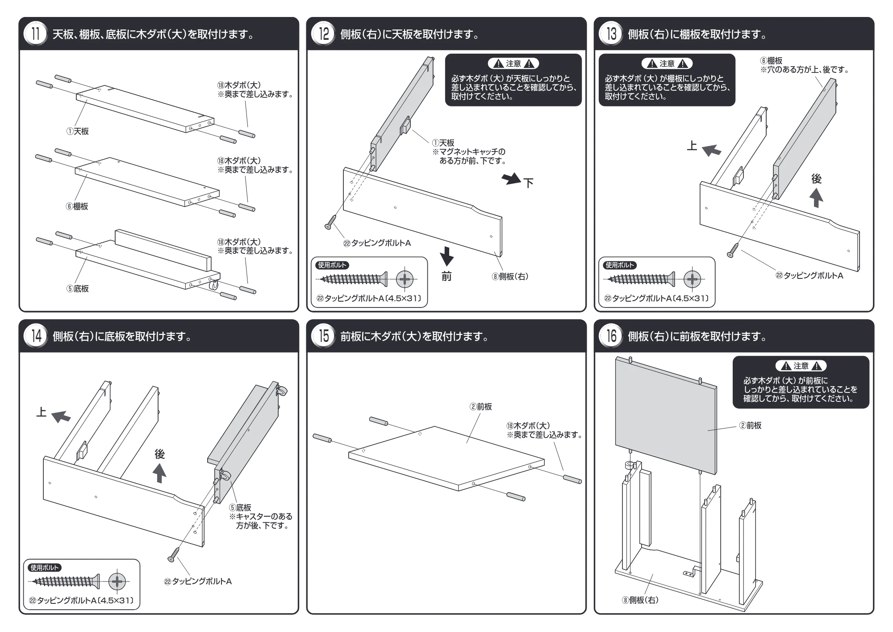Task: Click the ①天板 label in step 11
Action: click(78, 131)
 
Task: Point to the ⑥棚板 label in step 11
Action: click(77, 206)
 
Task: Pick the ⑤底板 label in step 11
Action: click(78, 289)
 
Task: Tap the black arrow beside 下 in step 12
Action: click(511, 179)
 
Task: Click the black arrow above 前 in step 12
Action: click(446, 256)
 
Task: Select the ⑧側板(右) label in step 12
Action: click(510, 277)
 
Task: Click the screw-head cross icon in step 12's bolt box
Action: click(405, 280)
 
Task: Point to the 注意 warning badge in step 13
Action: click(667, 64)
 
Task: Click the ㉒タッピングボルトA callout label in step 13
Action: click(810, 276)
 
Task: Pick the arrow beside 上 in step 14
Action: click(61, 417)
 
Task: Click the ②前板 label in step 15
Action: click(480, 407)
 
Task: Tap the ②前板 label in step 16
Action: click(750, 426)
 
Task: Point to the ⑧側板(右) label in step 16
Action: click(640, 600)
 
